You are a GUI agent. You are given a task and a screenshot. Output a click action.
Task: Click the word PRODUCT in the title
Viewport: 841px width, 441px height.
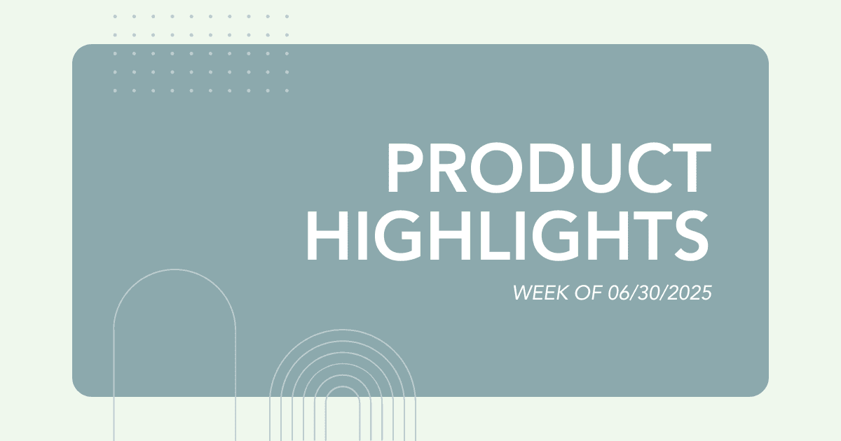[x=549, y=168]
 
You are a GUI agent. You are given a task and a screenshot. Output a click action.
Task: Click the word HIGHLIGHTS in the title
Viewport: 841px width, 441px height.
[x=507, y=235]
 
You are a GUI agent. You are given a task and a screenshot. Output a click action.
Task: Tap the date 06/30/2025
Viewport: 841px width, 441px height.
[x=659, y=293]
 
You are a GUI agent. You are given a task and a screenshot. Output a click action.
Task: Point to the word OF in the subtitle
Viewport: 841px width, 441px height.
[x=588, y=293]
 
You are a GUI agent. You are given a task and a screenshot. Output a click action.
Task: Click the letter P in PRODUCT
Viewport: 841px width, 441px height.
[x=405, y=168]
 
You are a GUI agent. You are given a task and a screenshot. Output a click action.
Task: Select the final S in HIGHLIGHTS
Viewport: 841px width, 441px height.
[x=691, y=235]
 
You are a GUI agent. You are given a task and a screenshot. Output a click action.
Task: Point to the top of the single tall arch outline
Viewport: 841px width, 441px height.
[x=175, y=269]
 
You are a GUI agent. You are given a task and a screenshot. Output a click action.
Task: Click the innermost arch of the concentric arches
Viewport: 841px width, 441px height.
[x=343, y=386]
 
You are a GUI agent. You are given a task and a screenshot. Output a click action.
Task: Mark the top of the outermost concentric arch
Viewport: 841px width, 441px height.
[x=343, y=330]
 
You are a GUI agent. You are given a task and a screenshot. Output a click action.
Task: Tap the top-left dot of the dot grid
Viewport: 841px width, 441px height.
[x=115, y=17]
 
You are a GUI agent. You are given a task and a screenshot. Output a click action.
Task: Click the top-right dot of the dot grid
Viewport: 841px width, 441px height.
[x=287, y=17]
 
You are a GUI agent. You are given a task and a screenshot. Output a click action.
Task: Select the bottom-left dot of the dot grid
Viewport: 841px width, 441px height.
[x=115, y=90]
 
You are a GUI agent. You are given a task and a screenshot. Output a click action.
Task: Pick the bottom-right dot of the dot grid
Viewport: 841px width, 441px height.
[x=287, y=90]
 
